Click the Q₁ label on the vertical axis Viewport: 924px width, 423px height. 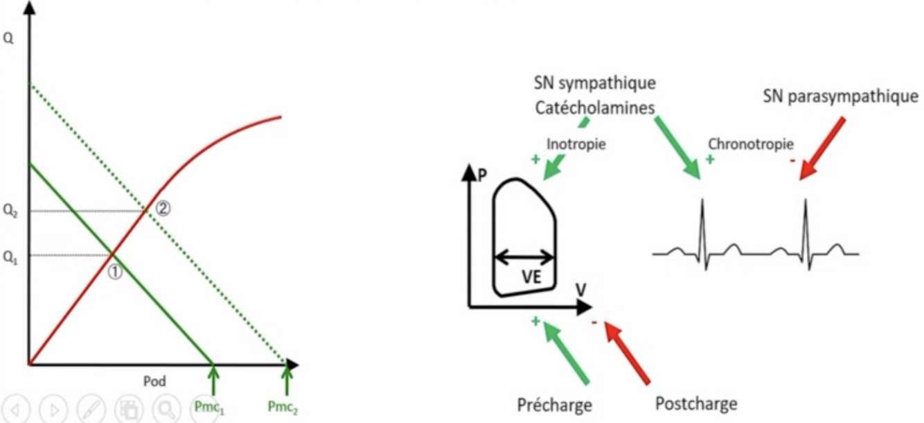coord(10,256)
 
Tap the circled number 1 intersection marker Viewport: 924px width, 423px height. coord(116,273)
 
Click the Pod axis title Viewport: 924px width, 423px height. coord(154,381)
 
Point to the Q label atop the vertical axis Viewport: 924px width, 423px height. coord(8,39)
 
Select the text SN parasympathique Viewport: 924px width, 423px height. coord(840,96)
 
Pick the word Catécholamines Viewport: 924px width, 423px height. coord(595,108)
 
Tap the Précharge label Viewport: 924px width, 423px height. coord(554,404)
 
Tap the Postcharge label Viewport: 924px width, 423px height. coord(695,404)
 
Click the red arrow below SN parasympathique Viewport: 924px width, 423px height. coord(822,148)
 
